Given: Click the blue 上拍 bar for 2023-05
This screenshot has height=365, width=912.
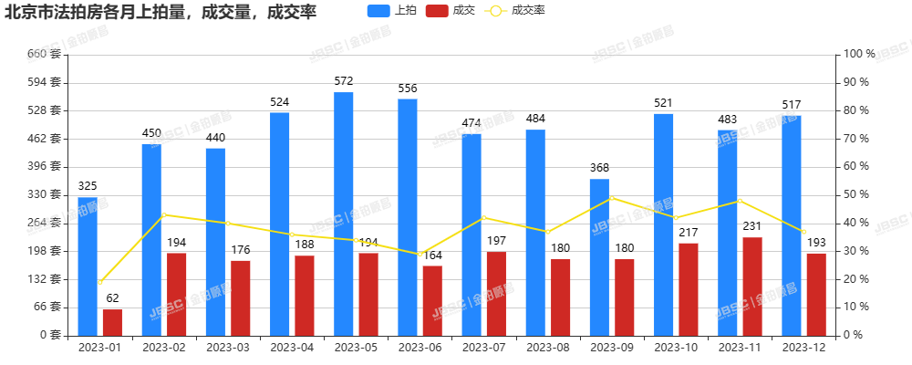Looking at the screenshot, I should tap(343, 214).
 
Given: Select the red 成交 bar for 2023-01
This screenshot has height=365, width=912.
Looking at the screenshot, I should tap(112, 322).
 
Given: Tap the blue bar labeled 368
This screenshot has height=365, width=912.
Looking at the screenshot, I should tap(599, 256).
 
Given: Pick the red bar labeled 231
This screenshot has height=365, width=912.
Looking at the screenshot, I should tap(752, 286).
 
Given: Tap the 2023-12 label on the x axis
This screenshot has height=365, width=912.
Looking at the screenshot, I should tap(803, 348).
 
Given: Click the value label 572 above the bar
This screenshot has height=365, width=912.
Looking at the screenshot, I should tap(343, 82).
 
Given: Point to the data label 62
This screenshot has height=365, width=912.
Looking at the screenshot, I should tap(112, 298).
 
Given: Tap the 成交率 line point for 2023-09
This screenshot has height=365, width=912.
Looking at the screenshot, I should tap(611, 197).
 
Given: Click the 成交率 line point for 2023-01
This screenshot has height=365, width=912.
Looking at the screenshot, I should tap(100, 282).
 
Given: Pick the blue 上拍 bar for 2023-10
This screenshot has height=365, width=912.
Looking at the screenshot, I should tap(663, 224).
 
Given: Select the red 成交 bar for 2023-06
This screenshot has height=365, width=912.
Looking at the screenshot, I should tap(432, 300).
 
